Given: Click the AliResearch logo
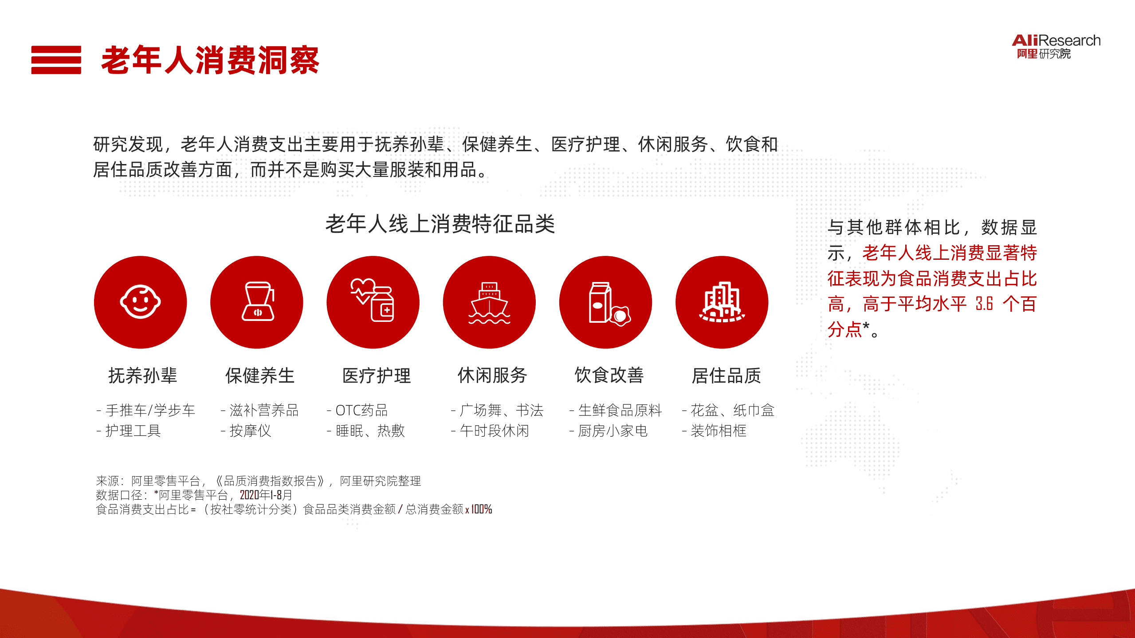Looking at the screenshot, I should [1056, 46].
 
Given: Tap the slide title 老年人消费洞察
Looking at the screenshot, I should [210, 60].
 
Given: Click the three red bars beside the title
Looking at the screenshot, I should [56, 60].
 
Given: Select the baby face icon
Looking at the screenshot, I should [140, 302].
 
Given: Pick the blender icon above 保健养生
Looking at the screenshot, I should [257, 302].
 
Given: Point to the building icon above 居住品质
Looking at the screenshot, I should [722, 302].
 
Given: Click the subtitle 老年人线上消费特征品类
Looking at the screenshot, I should [440, 223].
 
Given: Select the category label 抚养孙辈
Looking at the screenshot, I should [142, 376].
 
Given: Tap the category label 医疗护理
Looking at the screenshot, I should [377, 376].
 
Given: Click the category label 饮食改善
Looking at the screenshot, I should [609, 376].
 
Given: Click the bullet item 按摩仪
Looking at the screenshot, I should [250, 431].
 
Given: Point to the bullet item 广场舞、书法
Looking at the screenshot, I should [501, 410].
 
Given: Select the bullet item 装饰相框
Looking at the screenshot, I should [719, 431].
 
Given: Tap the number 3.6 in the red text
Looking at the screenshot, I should [984, 304].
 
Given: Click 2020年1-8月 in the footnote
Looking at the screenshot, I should [266, 495].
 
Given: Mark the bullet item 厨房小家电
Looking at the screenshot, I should [613, 431].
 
